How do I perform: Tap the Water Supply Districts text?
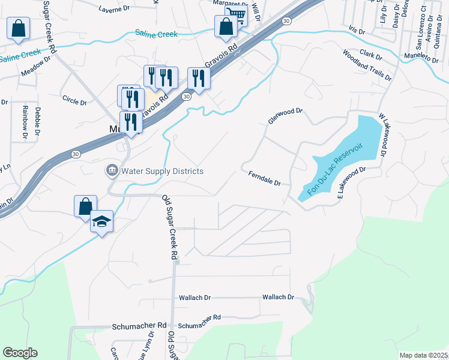pos(163,171)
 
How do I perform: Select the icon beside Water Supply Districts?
pos(112,171)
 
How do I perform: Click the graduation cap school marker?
pos(102,221)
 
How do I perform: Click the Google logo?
pos(20,353)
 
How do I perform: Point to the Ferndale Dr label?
pos(265,178)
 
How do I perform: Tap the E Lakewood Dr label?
pos(351,182)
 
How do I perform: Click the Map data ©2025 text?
pos(423,355)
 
